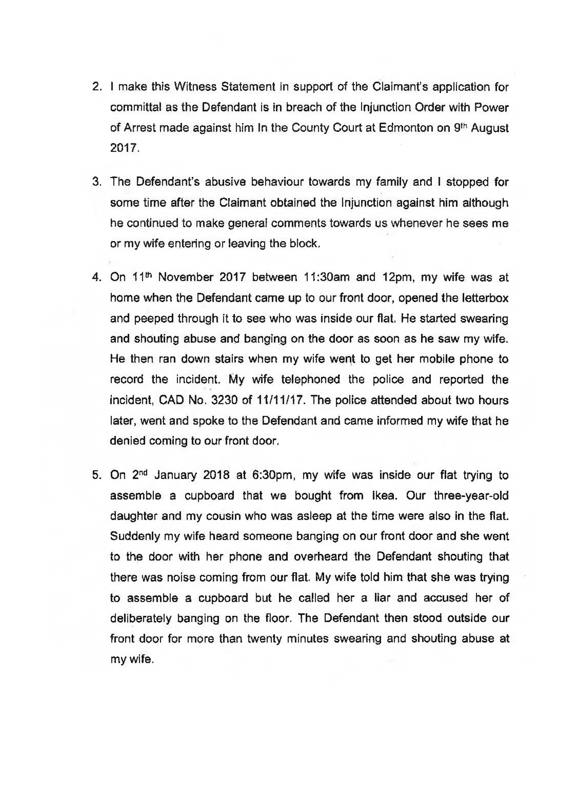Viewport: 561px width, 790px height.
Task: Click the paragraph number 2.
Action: [96, 87]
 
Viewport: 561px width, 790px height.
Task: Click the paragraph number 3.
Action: [96, 182]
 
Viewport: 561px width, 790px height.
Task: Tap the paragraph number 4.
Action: [96, 277]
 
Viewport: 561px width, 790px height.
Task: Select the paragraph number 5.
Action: [96, 475]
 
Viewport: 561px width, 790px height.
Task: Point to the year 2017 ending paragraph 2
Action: [124, 148]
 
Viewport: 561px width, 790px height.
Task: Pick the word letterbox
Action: [483, 298]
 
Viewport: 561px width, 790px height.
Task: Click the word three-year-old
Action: [471, 496]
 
